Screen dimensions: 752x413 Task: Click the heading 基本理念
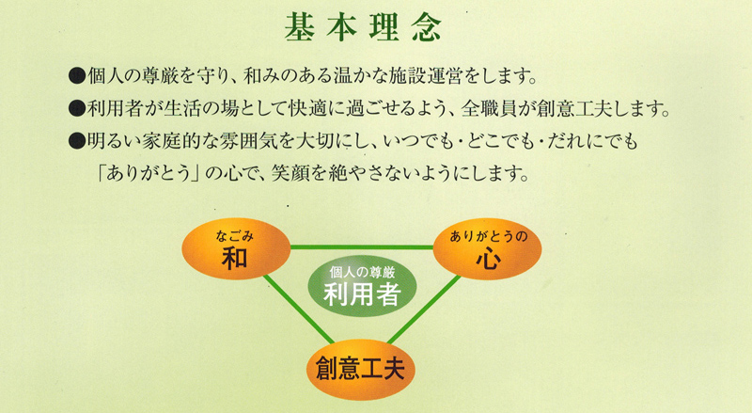363,27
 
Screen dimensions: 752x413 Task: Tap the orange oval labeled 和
236,248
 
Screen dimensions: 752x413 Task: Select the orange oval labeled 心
487,249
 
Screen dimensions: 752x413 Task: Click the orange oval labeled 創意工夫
361,370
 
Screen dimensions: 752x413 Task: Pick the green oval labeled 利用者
362,286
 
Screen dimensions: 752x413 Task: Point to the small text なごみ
234,235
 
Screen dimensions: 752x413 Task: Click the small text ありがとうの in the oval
488,236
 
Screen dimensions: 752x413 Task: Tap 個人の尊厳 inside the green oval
362,273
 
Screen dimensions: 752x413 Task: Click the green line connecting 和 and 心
362,247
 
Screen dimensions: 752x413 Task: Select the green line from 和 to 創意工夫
298,310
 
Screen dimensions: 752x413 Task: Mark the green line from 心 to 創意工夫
424,310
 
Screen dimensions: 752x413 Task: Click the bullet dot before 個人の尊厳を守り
76,76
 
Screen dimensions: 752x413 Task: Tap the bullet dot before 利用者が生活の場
76,108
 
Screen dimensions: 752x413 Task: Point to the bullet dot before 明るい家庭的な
76,141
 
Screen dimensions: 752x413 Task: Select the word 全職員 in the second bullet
489,108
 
